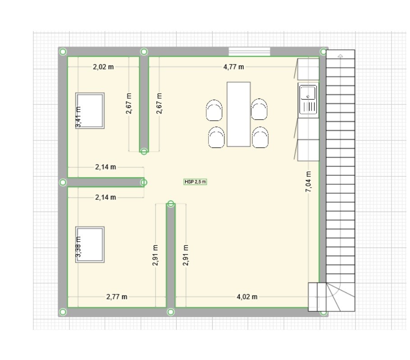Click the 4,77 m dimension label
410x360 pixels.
pyautogui.click(x=233, y=67)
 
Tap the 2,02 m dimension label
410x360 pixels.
pyautogui.click(x=103, y=67)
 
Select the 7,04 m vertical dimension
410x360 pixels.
pyautogui.click(x=309, y=181)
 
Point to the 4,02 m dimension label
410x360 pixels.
pyautogui.click(x=247, y=297)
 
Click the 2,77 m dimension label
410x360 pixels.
pyautogui.click(x=117, y=297)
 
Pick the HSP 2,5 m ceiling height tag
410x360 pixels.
pyautogui.click(x=196, y=182)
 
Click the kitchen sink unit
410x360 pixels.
pyautogui.click(x=308, y=100)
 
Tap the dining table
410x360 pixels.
pyautogui.click(x=238, y=114)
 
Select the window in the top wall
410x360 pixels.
pyautogui.click(x=250, y=51)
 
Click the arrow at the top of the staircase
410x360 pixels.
pyautogui.click(x=340, y=56)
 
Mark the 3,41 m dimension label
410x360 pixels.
pyautogui.click(x=78, y=117)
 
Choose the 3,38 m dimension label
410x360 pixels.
pyautogui.click(x=78, y=247)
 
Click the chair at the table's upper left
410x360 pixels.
pyautogui.click(x=214, y=110)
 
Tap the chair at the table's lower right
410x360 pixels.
pyautogui.click(x=260, y=137)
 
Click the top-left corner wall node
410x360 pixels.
pyautogui.click(x=63, y=52)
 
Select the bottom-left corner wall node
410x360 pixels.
pyautogui.click(x=63, y=312)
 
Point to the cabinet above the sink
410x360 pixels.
pyautogui.click(x=308, y=69)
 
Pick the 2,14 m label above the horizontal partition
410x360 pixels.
pyautogui.click(x=105, y=167)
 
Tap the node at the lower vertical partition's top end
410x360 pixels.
pyautogui.click(x=171, y=203)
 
